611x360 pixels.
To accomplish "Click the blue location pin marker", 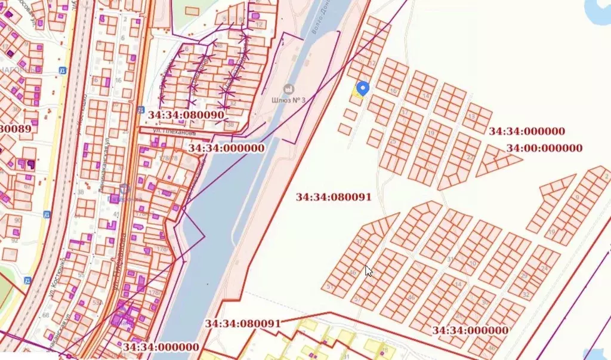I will click(362, 89).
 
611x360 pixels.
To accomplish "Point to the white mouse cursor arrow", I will click(368, 270).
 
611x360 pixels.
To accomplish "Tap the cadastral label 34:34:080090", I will click(186, 114).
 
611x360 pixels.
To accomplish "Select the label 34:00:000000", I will click(544, 148).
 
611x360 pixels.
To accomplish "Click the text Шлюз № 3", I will click(288, 100).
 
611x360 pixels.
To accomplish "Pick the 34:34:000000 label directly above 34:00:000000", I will click(527, 131).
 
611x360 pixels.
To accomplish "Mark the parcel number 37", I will click(359, 241).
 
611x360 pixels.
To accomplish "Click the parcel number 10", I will click(472, 263).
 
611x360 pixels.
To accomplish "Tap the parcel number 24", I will click(544, 269).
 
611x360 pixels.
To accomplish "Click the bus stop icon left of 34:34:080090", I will click(140, 110).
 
